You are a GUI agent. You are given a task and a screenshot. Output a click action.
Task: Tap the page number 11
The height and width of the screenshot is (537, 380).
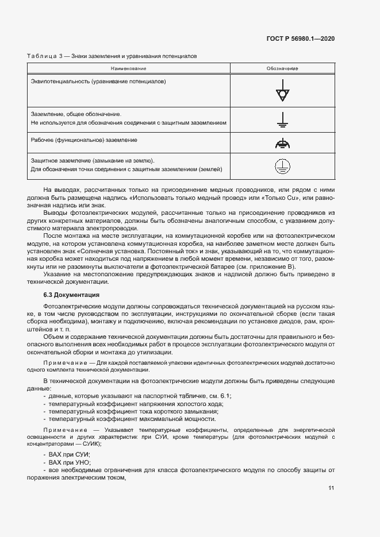(x=331, y=488)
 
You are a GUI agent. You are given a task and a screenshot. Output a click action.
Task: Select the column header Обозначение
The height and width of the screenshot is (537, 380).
(x=282, y=69)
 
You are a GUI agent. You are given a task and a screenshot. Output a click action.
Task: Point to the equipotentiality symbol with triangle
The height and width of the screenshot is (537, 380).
(x=282, y=94)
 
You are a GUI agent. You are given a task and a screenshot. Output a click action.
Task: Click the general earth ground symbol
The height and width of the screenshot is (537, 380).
(x=282, y=119)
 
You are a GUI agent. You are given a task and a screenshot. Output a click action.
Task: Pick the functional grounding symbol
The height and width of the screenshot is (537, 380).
(x=282, y=144)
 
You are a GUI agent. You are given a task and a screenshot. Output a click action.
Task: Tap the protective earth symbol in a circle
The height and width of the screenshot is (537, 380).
(x=282, y=166)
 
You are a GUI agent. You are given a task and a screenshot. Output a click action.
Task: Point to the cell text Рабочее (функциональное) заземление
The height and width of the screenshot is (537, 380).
(x=84, y=140)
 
